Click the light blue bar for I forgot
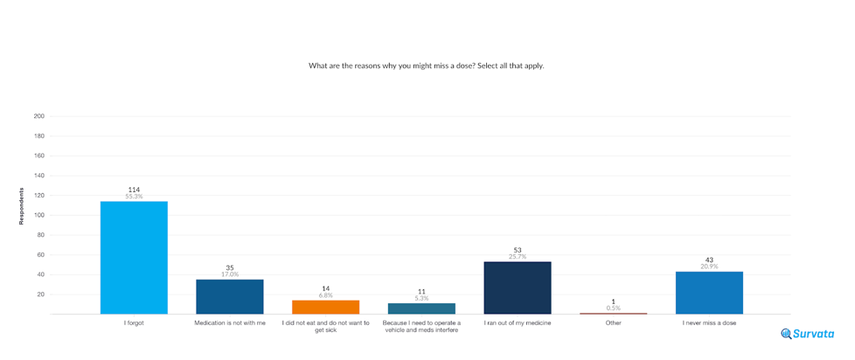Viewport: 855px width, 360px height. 134,257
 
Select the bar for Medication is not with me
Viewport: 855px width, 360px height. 229,296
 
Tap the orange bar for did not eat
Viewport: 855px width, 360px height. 325,307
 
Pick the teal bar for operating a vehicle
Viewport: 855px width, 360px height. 421,308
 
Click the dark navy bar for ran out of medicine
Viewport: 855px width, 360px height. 518,287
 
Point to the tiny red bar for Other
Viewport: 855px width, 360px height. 613,313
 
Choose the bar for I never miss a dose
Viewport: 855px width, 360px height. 709,293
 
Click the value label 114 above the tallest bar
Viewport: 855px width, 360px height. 134,190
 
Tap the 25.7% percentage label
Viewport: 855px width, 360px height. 518,257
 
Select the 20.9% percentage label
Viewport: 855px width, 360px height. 709,267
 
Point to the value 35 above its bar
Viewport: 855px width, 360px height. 229,267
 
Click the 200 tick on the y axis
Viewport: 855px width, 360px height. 39,116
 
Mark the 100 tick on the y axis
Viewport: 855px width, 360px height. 39,215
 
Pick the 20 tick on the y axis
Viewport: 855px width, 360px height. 40,294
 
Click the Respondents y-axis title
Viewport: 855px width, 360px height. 22,206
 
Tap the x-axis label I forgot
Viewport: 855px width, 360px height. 134,323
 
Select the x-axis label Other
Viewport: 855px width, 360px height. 613,323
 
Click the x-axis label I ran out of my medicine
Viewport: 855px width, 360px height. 518,323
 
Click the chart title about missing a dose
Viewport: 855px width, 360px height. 427,66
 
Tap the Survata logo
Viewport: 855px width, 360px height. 808,334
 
